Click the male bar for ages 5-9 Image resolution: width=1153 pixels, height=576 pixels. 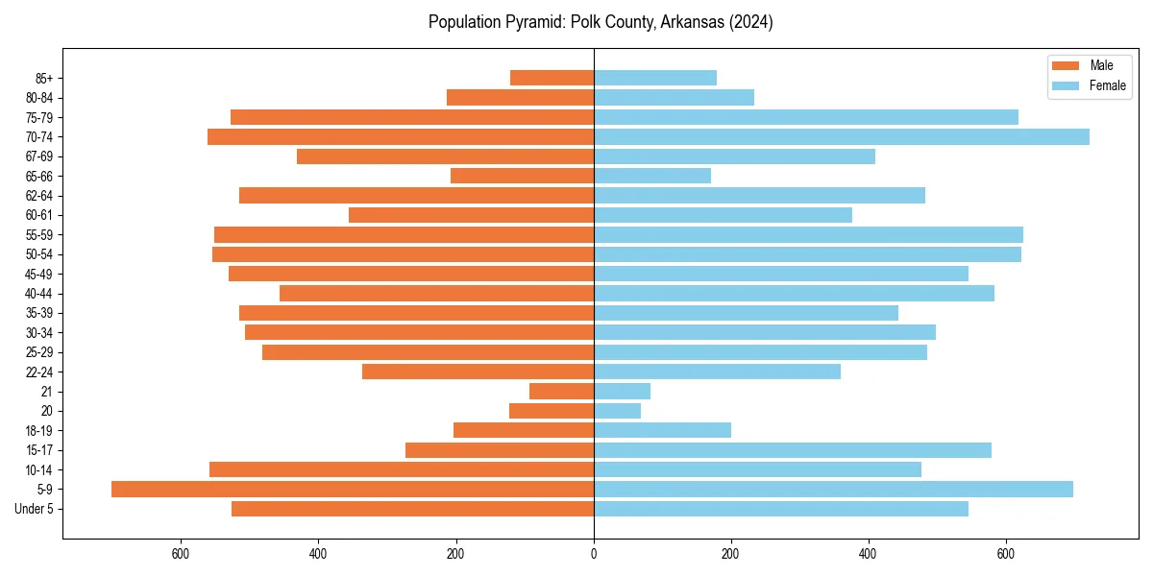(x=353, y=490)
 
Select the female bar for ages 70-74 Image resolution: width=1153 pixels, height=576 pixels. (x=842, y=137)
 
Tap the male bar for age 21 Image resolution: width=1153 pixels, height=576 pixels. (x=562, y=392)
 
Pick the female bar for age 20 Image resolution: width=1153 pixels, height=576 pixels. (x=618, y=411)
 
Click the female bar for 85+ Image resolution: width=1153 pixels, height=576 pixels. (x=655, y=78)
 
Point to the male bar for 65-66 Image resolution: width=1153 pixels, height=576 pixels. (x=523, y=176)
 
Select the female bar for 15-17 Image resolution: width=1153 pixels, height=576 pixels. (x=793, y=450)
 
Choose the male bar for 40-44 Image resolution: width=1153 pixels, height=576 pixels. (x=437, y=294)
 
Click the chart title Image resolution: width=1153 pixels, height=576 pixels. (x=601, y=22)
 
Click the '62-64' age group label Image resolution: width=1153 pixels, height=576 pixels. (x=39, y=196)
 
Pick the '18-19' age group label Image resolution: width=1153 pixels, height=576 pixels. (x=39, y=431)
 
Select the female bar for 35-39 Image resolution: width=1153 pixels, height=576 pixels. (x=746, y=313)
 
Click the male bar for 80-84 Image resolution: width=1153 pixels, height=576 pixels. (x=521, y=98)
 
